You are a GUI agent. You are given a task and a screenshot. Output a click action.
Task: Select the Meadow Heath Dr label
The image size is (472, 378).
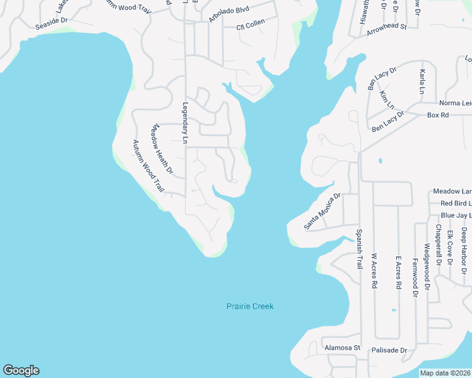coord(160,148)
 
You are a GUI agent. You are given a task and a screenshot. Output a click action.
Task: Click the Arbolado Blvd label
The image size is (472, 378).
coord(229,14)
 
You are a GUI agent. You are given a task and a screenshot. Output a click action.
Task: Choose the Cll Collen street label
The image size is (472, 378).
coord(250,25)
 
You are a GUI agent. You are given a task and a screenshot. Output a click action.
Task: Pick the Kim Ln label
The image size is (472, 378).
coord(386,100)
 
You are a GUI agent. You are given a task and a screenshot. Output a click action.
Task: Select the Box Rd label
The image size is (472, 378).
coord(437,115)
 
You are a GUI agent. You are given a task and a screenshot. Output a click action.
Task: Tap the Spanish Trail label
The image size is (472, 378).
coord(359,249)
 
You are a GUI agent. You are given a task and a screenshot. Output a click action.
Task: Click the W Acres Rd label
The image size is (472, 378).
coord(374,272)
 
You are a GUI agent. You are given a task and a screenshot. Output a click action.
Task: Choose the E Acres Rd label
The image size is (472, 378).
coord(398,272)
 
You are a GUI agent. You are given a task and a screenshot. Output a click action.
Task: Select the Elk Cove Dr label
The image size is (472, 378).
coord(450,247)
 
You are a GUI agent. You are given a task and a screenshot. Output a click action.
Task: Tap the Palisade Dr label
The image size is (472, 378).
coord(390,350)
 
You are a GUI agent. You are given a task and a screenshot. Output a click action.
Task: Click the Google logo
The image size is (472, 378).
coord(21,370)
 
